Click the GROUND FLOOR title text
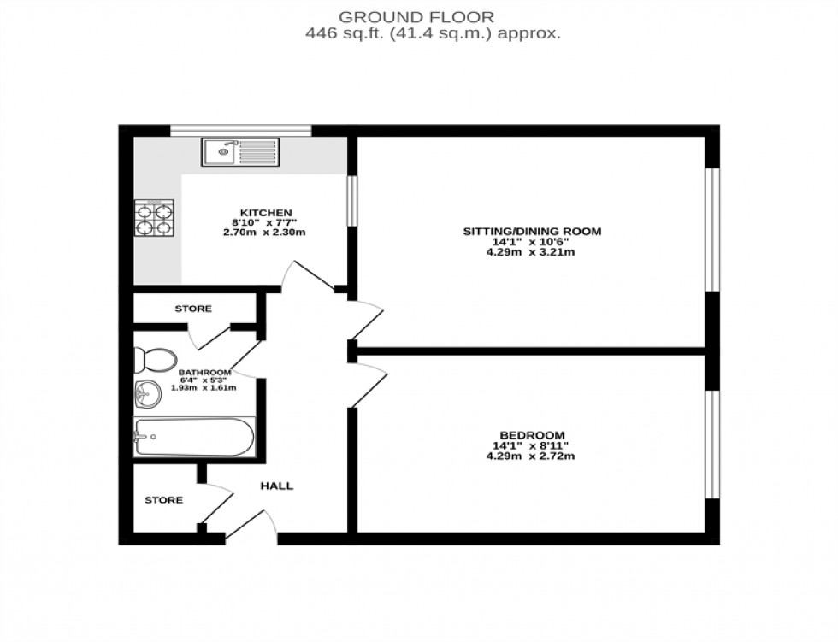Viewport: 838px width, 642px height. [x=416, y=16]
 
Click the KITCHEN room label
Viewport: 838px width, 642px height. [x=265, y=212]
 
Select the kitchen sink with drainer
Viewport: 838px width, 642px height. [x=239, y=152]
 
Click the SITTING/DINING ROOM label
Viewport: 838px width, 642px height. [x=532, y=231]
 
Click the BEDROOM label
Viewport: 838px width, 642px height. [x=532, y=434]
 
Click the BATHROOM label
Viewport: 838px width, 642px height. [x=204, y=373]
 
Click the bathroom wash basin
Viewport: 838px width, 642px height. [x=146, y=395]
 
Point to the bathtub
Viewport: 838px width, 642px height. [x=194, y=438]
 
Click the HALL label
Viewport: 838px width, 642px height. [x=276, y=486]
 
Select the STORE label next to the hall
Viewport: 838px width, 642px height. [x=163, y=500]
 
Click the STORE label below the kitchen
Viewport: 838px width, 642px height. [x=193, y=309]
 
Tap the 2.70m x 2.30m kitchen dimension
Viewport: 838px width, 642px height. [x=265, y=233]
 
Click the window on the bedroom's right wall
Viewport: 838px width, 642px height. [x=710, y=443]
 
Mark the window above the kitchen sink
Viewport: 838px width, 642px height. [x=240, y=130]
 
